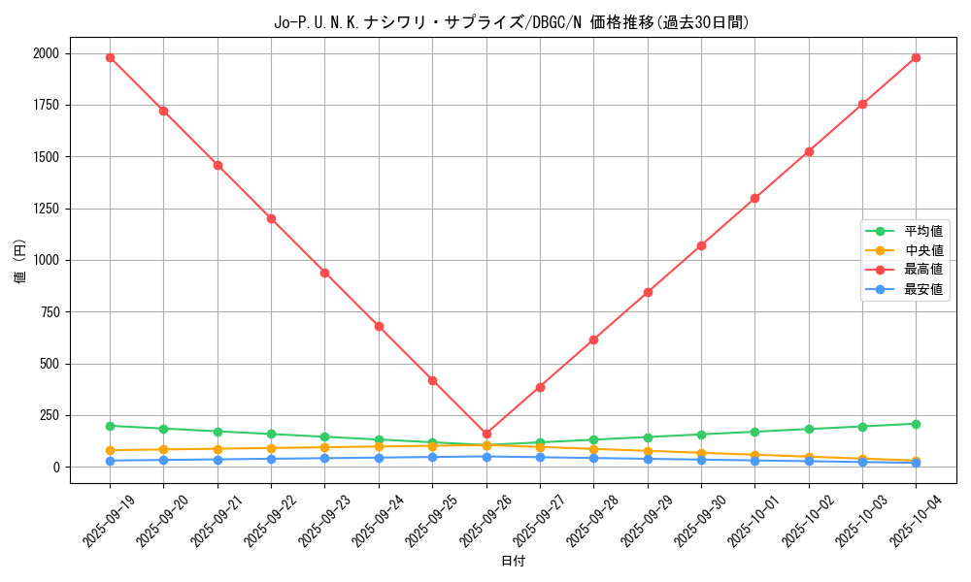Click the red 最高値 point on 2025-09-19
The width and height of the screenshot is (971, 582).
tap(110, 57)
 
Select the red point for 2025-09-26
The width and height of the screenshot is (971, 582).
tap(486, 434)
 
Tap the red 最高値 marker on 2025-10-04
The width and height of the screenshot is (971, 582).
tap(916, 57)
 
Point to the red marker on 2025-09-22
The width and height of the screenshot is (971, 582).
tap(271, 218)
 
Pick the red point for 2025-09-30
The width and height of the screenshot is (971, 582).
tap(701, 245)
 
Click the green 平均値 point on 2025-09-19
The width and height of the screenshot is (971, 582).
tap(110, 426)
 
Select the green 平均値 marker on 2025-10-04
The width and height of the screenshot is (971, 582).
tap(916, 424)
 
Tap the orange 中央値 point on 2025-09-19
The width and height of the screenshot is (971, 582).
tap(110, 450)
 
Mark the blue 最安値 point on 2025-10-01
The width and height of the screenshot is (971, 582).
tap(754, 460)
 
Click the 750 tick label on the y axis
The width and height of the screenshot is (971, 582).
tap(49, 312)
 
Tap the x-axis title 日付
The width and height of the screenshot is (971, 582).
tap(513, 562)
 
